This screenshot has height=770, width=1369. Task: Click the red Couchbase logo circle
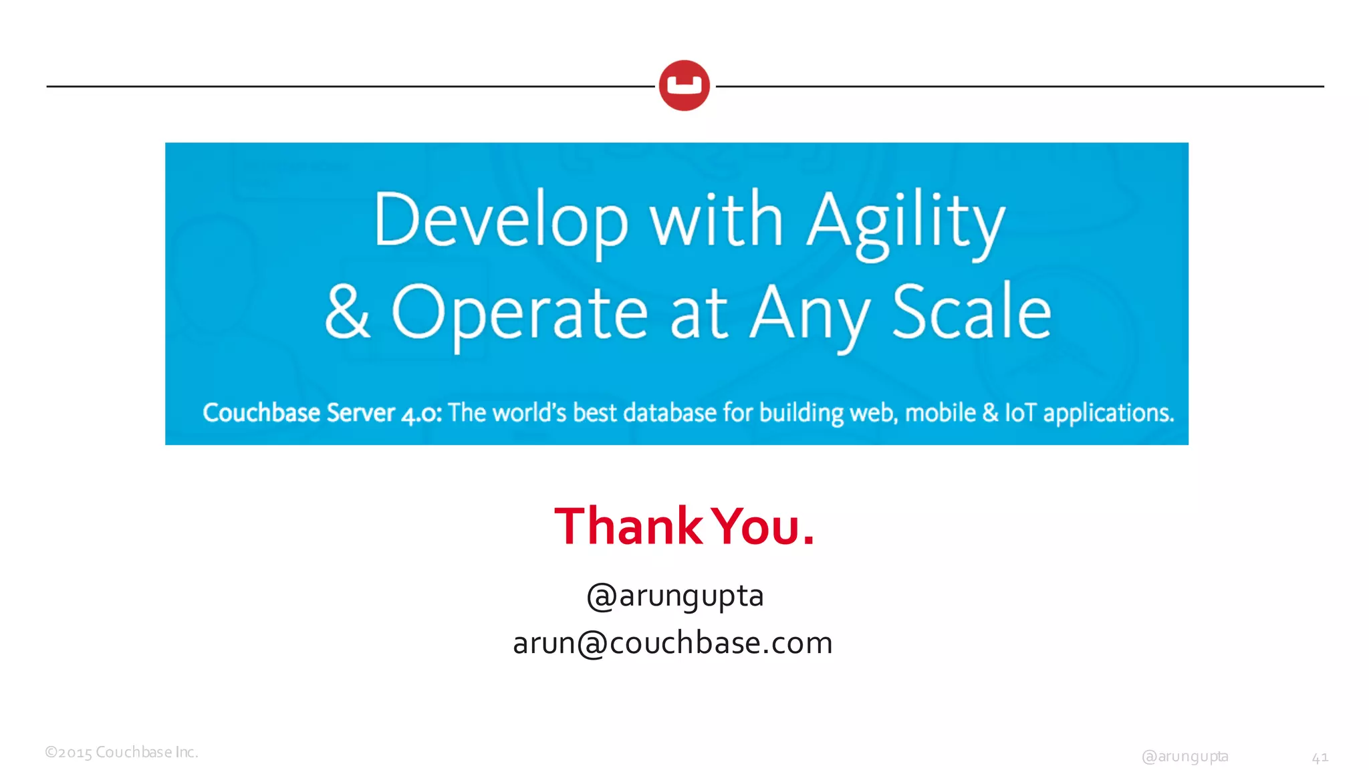tap(684, 86)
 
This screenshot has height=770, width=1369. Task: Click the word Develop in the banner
tap(501, 221)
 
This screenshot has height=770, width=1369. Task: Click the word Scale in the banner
tap(971, 312)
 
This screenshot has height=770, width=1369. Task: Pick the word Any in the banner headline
tap(810, 313)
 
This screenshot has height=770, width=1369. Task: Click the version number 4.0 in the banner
tap(420, 414)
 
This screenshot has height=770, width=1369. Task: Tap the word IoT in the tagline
tap(1020, 413)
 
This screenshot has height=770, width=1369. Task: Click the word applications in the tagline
tap(1108, 414)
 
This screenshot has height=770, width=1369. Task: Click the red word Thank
tap(628, 527)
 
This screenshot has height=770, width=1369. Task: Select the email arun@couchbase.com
tap(672, 643)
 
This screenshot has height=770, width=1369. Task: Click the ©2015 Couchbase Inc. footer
tap(122, 753)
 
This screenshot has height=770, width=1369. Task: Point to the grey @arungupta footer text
tap(1185, 757)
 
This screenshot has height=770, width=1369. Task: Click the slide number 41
tap(1320, 757)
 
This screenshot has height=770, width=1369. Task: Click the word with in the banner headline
tap(717, 220)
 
